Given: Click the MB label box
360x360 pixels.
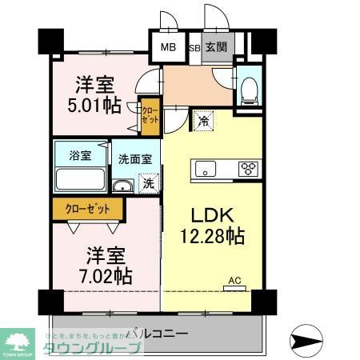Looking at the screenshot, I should (x=168, y=47).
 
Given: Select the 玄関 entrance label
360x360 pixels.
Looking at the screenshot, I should (x=215, y=47).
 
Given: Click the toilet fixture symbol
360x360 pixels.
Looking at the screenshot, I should (x=248, y=89).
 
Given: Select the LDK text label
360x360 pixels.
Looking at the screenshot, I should (x=206, y=217).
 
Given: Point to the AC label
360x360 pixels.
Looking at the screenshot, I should (x=235, y=280).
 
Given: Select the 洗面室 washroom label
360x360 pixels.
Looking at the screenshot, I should (x=135, y=158).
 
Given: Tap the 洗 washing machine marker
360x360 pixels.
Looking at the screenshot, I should (x=147, y=184).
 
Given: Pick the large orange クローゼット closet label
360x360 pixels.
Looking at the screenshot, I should (x=89, y=209).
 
